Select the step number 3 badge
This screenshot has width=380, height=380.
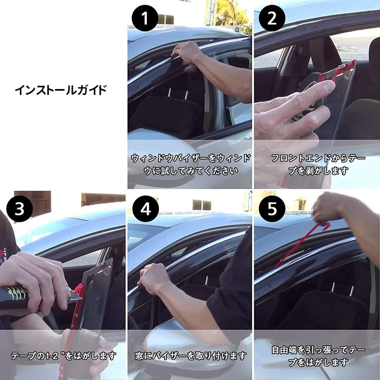20,209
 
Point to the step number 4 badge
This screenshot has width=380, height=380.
146,209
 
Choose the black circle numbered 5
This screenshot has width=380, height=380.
272,209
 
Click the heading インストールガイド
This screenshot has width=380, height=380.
61,90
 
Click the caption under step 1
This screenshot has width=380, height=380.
190,165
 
